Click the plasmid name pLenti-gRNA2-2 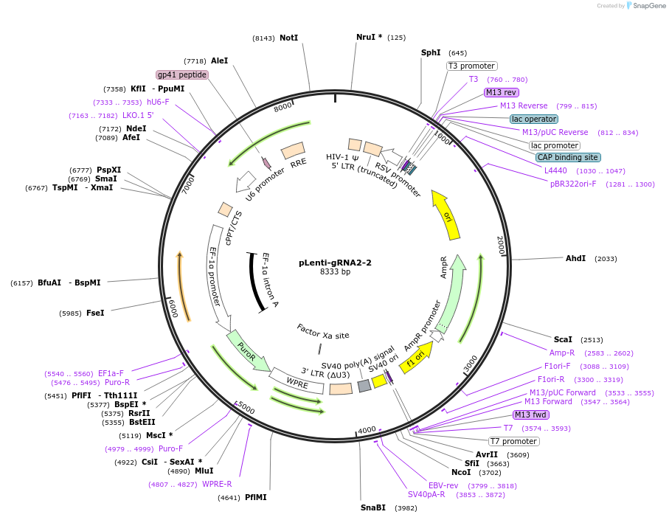[335, 263]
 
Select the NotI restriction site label [288, 38]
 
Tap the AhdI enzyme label [575, 258]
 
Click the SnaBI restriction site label [373, 507]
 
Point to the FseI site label [95, 313]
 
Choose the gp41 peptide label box [182, 74]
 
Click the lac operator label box [534, 119]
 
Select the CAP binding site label [567, 157]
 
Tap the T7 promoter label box [514, 441]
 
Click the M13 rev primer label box [502, 92]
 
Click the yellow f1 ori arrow [417, 359]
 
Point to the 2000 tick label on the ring [500, 246]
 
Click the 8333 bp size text [335, 272]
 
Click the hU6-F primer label [158, 102]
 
